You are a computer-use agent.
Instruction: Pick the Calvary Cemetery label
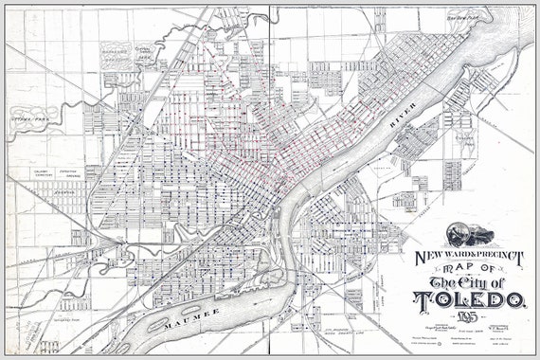tap(39, 173)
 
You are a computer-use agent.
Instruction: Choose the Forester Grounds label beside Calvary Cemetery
tap(69, 173)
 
